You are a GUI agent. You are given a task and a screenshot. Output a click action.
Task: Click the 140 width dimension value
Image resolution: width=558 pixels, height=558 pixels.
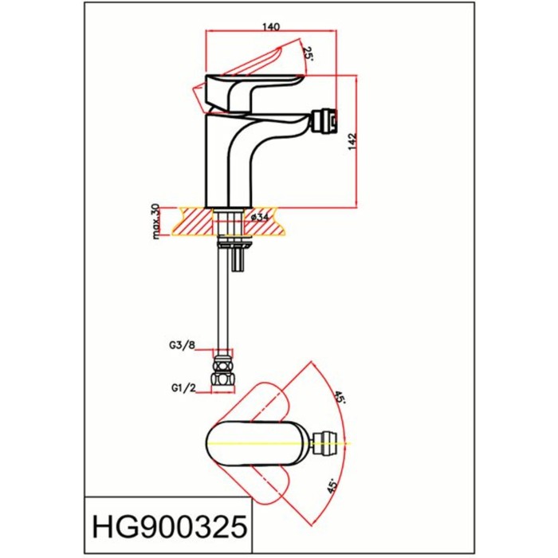tap(271, 26)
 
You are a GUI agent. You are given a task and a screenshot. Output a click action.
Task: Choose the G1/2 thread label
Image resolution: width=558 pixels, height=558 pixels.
tap(183, 388)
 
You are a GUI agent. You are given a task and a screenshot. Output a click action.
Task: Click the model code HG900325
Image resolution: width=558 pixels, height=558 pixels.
tap(167, 526)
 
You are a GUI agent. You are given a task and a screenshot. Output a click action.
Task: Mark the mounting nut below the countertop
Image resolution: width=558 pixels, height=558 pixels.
tap(230, 237)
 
